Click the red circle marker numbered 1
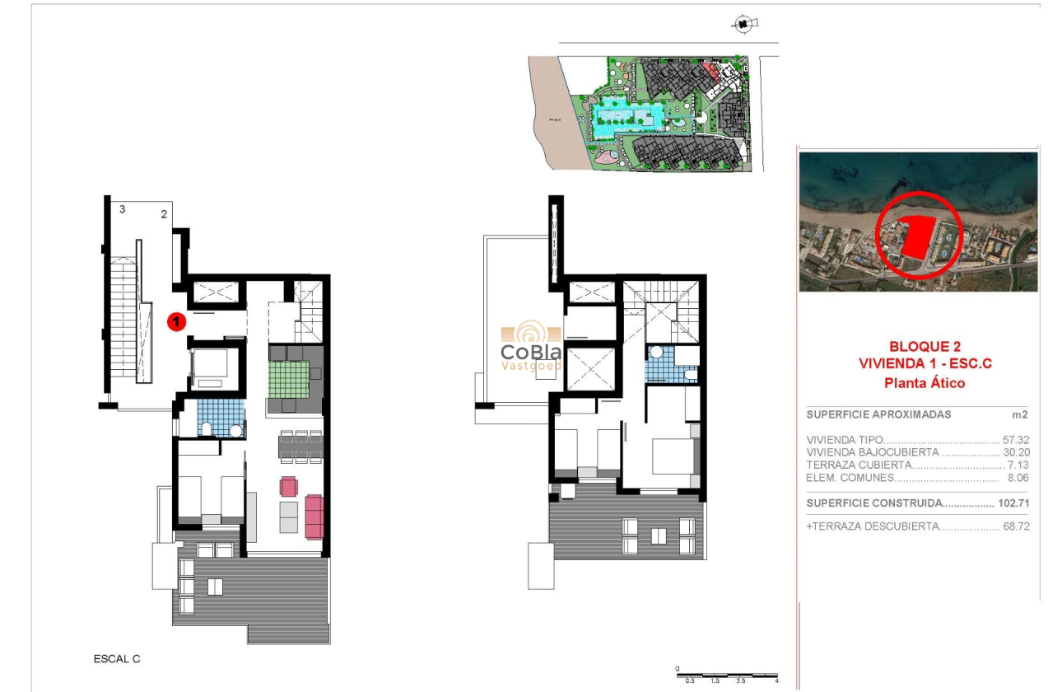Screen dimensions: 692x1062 pos(175,322)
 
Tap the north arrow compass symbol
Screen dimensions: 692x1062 pos(743,25)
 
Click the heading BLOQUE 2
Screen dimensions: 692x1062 pos(924,347)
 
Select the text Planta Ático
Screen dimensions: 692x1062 pos(924,382)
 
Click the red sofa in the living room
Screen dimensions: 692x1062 pos(314,516)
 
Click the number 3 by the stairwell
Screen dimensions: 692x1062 pos(123,209)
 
